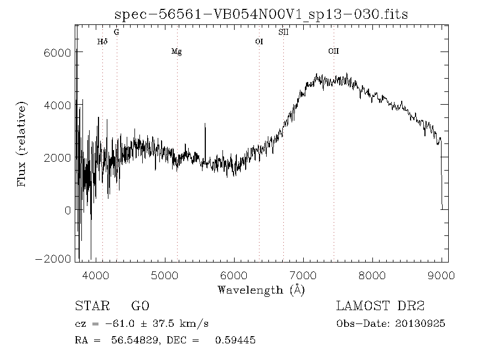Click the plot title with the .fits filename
pos(261,14)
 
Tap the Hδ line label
pos(102,42)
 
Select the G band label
pos(117,32)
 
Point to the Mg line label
pos(177,52)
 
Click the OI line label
pos(259,42)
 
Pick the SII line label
pos(283,32)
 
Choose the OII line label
pos(334,51)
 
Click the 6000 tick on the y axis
pos(58,53)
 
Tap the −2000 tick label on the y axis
pos(53,259)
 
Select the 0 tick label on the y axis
pos(68,210)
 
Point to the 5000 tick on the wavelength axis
pos(164,275)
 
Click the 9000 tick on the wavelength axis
pos(441,275)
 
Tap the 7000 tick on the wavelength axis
pos(303,275)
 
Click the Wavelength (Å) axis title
pos(261,290)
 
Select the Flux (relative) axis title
pos(22,144)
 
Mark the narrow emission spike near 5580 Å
pos(205,143)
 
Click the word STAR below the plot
pos(92,306)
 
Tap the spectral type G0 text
pos(140,306)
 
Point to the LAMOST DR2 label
pos(380,306)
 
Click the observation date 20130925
pos(420,324)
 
